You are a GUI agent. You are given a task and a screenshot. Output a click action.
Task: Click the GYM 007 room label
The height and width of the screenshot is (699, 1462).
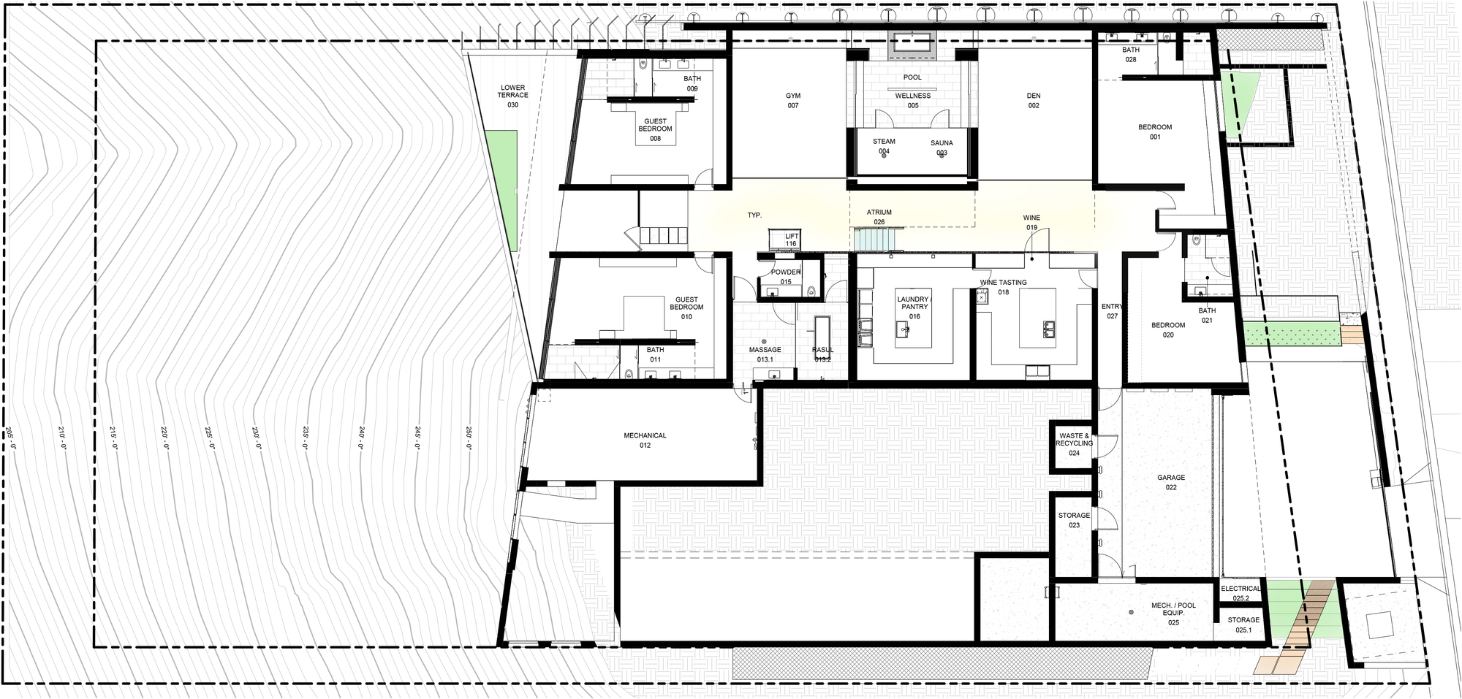[x=793, y=101]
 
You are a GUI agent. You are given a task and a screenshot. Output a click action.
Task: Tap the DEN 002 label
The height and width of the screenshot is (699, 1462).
[x=1034, y=101]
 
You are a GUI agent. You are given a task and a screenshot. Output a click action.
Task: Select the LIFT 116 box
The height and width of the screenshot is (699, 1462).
[x=785, y=240]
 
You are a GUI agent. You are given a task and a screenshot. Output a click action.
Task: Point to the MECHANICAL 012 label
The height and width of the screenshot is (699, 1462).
[x=645, y=440]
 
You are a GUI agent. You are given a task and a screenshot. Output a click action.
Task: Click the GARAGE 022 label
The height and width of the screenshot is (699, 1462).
[x=1171, y=482]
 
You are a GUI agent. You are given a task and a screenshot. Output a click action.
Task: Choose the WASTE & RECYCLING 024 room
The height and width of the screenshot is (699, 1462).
[x=1074, y=445]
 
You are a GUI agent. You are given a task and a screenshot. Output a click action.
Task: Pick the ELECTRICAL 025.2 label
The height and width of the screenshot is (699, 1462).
[x=1241, y=593]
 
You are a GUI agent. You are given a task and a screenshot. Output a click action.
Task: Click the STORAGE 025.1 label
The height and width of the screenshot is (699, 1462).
[x=1243, y=624]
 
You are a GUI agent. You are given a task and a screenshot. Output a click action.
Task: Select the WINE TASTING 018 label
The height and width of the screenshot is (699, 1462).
[x=1003, y=287]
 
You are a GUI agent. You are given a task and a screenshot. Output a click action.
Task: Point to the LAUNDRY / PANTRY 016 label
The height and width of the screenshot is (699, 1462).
[x=914, y=308]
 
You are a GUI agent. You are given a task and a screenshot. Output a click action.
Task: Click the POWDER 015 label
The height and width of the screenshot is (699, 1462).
[x=786, y=277]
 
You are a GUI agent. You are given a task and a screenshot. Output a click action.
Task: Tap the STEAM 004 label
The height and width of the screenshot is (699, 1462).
[x=884, y=146]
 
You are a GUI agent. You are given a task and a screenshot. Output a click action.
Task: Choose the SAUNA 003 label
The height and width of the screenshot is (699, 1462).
[x=942, y=148]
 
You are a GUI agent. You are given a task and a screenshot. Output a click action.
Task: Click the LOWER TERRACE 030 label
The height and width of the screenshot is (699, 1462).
[x=512, y=96]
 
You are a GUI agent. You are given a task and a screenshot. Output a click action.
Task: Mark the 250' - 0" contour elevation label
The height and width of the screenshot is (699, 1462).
[x=469, y=438]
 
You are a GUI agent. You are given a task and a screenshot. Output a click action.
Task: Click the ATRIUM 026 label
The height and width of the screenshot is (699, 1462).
[x=879, y=217]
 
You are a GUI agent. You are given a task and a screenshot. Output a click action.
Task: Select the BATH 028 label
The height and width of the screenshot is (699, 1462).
[x=1131, y=55]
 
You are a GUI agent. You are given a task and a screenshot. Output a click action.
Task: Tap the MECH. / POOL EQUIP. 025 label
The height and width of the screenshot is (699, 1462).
[x=1173, y=614]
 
